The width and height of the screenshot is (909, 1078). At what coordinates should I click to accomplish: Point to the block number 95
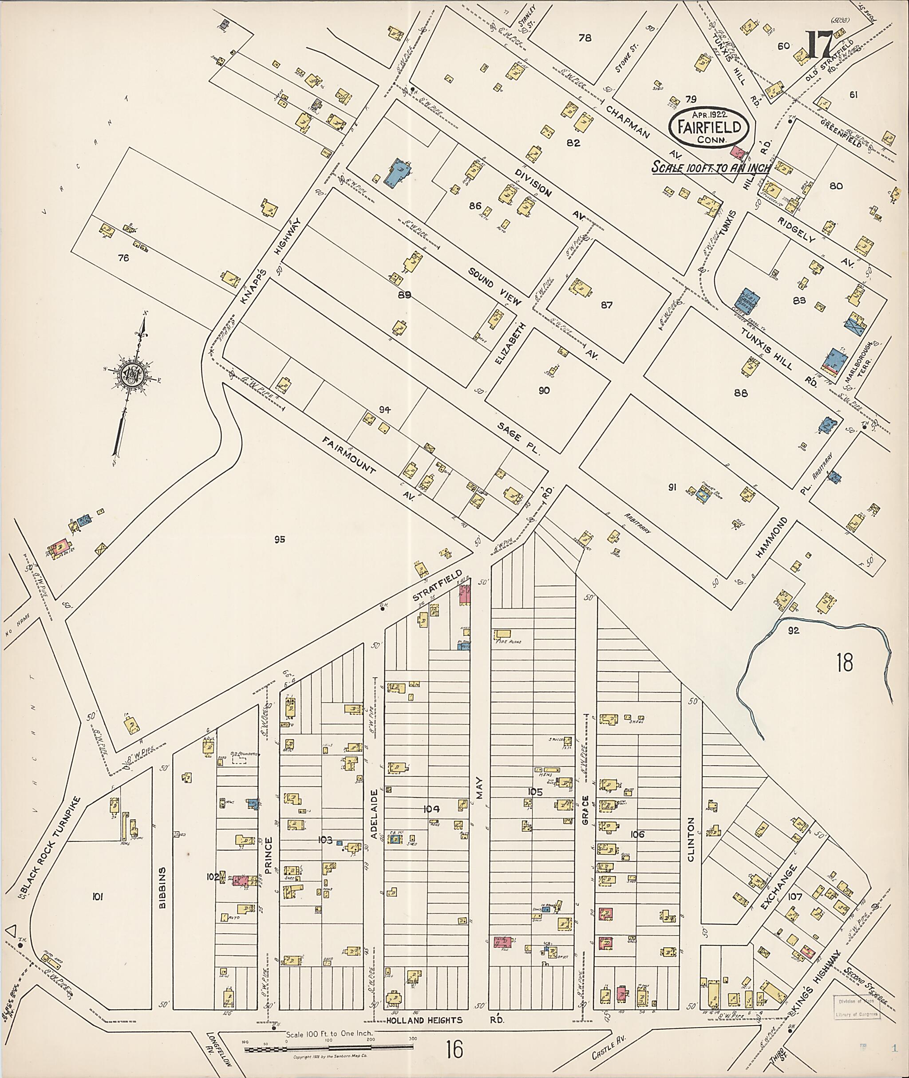tap(279, 540)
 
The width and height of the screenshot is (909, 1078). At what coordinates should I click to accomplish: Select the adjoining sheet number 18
tap(845, 663)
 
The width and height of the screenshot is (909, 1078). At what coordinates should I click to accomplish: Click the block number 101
tap(97, 897)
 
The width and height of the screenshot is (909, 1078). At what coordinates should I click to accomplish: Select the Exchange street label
tap(778, 887)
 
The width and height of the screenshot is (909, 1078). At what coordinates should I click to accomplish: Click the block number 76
tap(123, 258)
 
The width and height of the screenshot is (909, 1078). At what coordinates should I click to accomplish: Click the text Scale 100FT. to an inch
tap(711, 167)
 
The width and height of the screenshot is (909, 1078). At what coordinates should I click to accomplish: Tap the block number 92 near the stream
tap(793, 630)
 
